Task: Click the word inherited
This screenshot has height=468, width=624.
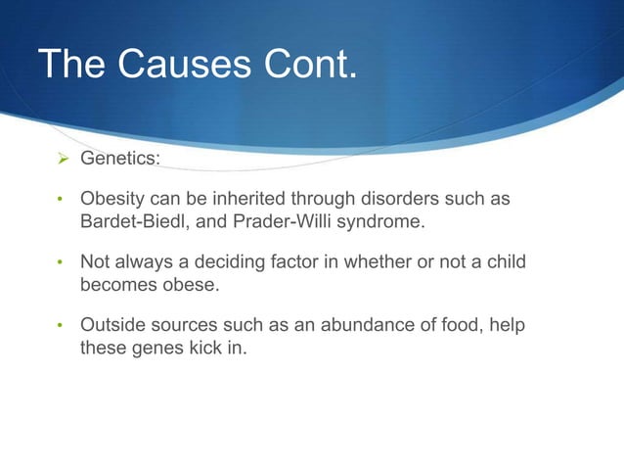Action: (256, 199)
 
